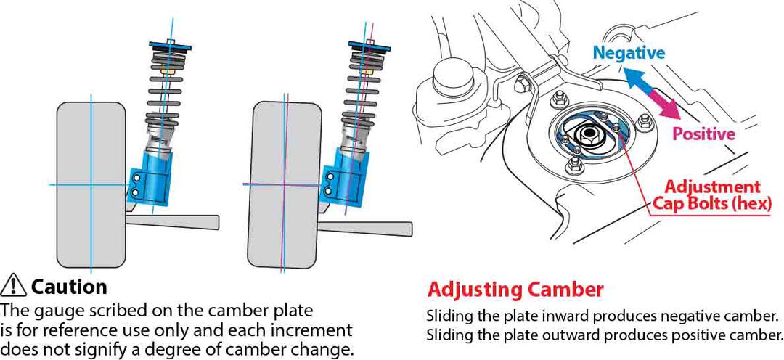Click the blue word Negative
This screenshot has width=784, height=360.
coord(629,52)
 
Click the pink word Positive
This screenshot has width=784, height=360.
coord(703,134)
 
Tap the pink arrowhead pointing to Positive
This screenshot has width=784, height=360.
coord(671,111)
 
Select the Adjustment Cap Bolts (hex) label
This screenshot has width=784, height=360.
coord(712,195)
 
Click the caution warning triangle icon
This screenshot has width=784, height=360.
coord(15,286)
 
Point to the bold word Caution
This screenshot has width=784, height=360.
coord(69,287)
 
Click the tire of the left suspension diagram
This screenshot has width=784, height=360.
coord(91,185)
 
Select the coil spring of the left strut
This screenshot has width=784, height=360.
coord(163,91)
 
